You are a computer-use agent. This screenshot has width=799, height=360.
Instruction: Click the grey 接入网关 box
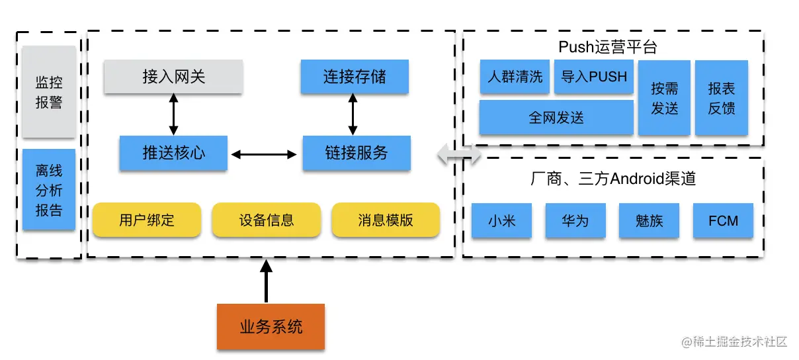(x=173, y=76)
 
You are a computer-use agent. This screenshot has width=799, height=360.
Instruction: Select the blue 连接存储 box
(x=355, y=76)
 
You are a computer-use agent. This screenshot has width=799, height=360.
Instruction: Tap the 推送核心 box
(x=173, y=153)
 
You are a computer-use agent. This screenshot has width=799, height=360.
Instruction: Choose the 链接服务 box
(x=357, y=153)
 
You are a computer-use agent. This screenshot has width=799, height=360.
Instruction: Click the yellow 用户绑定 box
(x=147, y=220)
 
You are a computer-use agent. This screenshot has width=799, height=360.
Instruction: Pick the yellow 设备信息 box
(x=266, y=220)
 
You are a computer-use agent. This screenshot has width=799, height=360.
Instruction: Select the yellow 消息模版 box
(x=386, y=220)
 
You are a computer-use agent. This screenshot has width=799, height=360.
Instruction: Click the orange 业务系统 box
(x=271, y=326)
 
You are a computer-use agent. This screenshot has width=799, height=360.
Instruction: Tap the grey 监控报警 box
(x=49, y=92)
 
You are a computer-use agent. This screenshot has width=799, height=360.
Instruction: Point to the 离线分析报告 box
(x=49, y=189)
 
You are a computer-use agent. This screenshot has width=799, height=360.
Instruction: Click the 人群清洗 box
(x=515, y=76)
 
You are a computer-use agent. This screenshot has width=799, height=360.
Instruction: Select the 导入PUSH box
(x=594, y=76)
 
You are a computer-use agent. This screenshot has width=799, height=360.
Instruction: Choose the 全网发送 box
(x=556, y=117)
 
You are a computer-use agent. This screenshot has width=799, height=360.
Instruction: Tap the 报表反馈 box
(x=722, y=98)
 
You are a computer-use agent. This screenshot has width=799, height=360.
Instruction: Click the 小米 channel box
(x=501, y=220)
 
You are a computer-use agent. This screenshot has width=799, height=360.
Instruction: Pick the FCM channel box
(x=723, y=220)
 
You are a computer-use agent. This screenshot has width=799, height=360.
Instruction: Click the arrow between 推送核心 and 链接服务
(x=264, y=154)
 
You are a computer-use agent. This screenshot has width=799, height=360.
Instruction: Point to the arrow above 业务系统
(x=266, y=281)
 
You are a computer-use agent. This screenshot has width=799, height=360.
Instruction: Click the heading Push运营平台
(x=608, y=47)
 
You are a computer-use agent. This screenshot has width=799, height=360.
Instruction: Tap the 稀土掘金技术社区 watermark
(x=734, y=342)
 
